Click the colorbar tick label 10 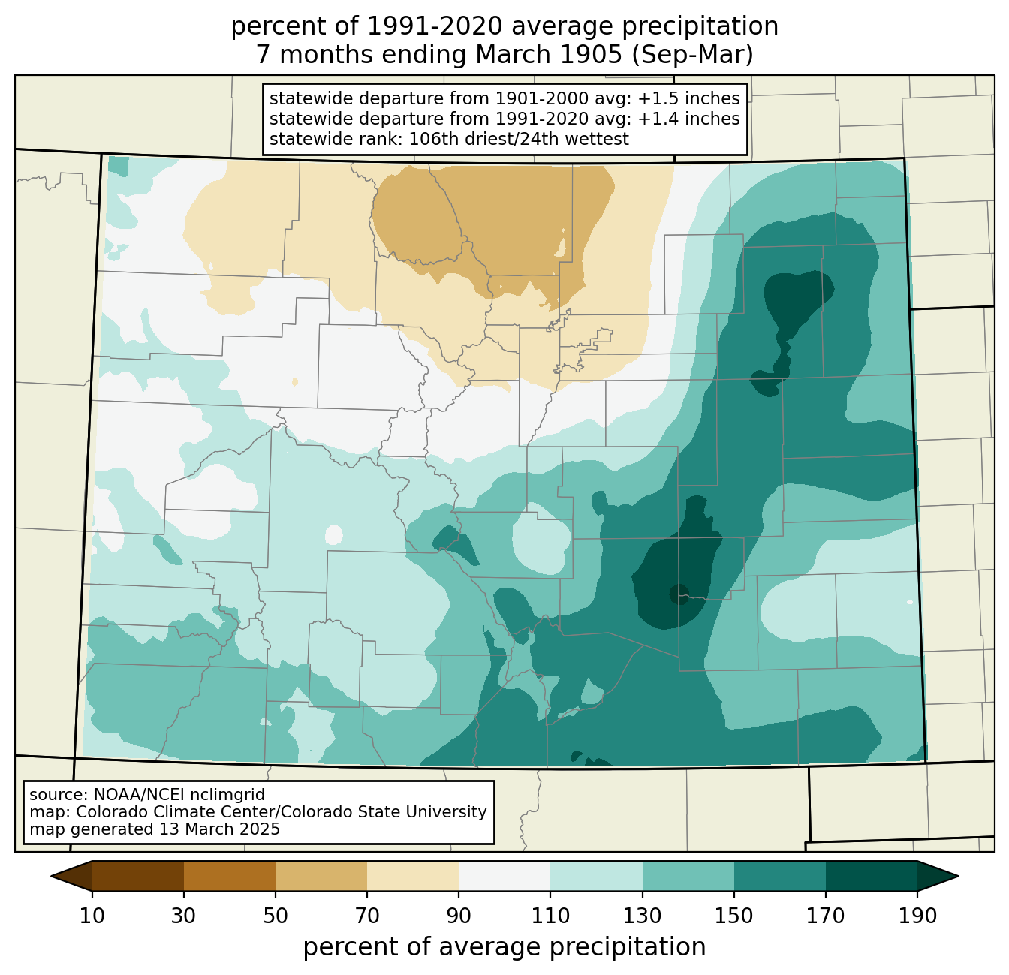pyautogui.click(x=92, y=916)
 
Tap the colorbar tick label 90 pyautogui.click(x=459, y=916)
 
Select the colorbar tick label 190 pyautogui.click(x=917, y=916)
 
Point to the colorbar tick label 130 pyautogui.click(x=642, y=916)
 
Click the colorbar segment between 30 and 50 pyautogui.click(x=229, y=877)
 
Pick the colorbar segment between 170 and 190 pyautogui.click(x=871, y=877)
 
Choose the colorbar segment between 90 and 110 pyautogui.click(x=505, y=877)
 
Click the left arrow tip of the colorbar pyautogui.click(x=51, y=877)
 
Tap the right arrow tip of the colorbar pyautogui.click(x=958, y=877)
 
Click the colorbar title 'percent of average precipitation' pyautogui.click(x=504, y=947)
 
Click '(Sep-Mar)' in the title pyautogui.click(x=692, y=55)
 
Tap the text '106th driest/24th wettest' pyautogui.click(x=519, y=139)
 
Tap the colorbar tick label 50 pyautogui.click(x=276, y=916)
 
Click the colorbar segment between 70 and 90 pyautogui.click(x=413, y=877)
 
